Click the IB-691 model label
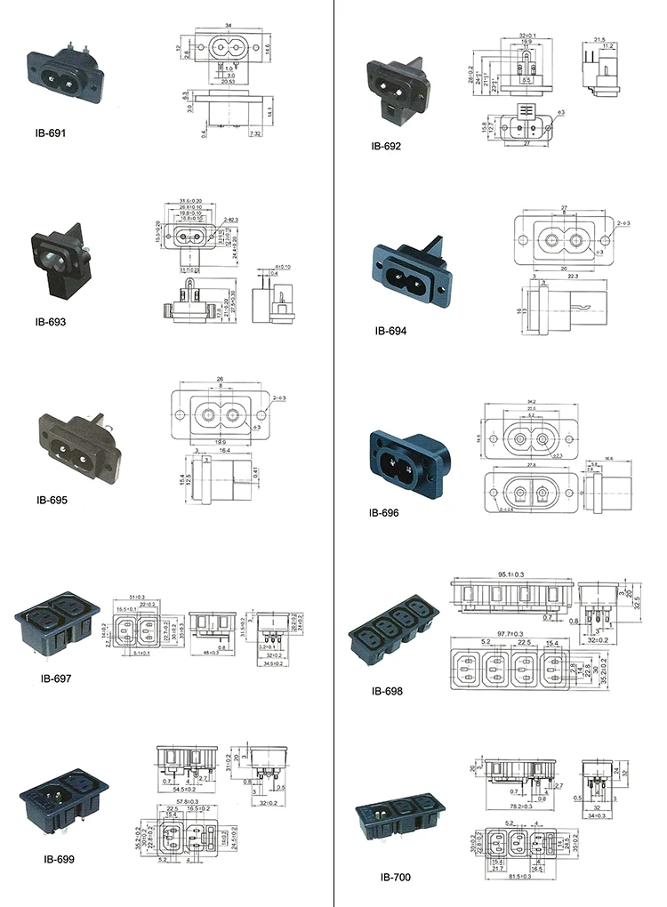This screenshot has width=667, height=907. click(x=52, y=133)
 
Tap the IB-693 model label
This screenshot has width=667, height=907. click(x=52, y=321)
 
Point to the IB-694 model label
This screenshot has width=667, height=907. click(x=390, y=330)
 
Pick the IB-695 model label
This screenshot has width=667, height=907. click(x=52, y=499)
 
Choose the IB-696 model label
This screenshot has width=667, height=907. click(x=384, y=513)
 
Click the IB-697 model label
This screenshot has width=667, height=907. click(x=55, y=678)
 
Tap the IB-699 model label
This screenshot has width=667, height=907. click(x=59, y=859)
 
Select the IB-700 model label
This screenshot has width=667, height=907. click(x=396, y=877)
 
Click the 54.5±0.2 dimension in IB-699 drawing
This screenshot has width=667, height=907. click(x=186, y=789)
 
